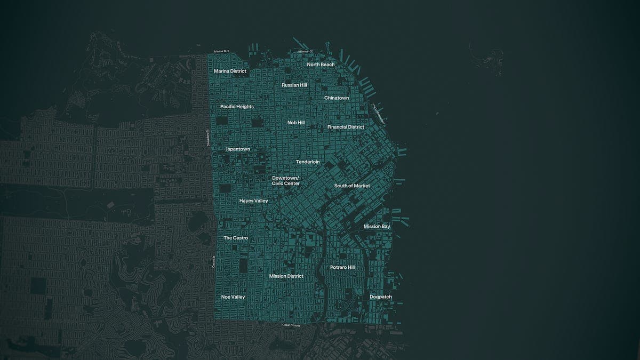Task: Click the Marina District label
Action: tap(230, 71)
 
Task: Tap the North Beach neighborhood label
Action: tap(321, 65)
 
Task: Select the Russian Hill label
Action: tap(294, 85)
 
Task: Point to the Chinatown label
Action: tap(337, 98)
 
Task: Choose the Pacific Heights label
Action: tap(237, 107)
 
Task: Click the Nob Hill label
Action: tap(296, 123)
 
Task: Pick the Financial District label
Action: tap(346, 127)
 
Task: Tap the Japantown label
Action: tap(237, 149)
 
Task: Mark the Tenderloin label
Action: tap(308, 162)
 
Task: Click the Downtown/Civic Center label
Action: tap(286, 181)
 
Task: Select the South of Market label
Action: tap(352, 186)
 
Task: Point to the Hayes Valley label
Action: tap(253, 201)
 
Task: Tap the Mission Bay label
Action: tap(377, 227)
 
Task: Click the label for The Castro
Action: tap(236, 238)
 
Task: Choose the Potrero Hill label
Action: tap(342, 267)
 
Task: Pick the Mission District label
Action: tap(286, 276)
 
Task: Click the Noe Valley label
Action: tap(233, 297)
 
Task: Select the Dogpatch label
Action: tap(381, 297)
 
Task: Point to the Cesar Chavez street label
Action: tap(291, 325)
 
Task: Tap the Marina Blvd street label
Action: tap(221, 51)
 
